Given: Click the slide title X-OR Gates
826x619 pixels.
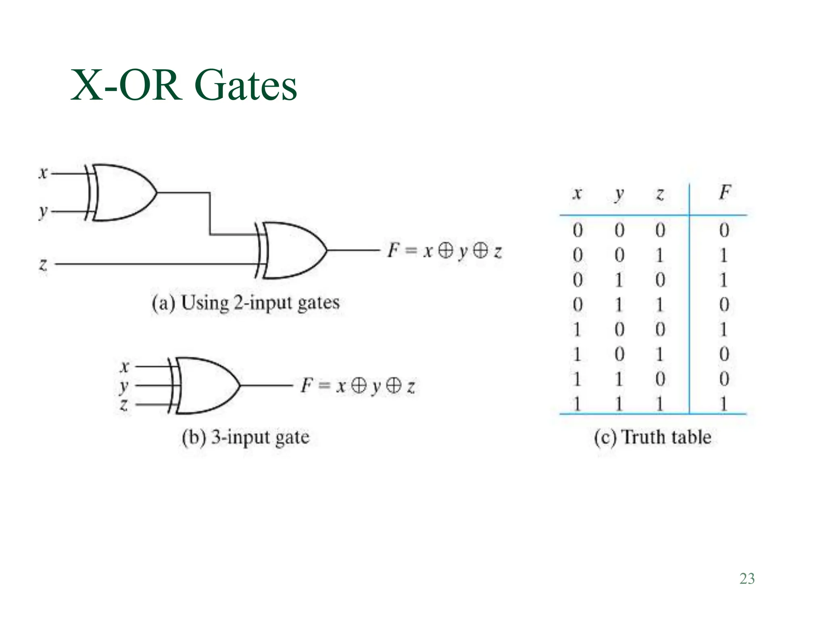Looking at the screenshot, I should [x=184, y=86].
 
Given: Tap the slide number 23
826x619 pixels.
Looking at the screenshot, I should [x=747, y=579].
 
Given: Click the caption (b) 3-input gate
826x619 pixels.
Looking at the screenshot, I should [x=246, y=437].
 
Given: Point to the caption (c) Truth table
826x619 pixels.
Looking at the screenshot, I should [x=653, y=437].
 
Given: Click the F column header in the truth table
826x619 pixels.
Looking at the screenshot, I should [x=724, y=193].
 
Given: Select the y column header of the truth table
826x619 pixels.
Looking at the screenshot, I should [x=619, y=195].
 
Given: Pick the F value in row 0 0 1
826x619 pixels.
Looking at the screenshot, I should [x=724, y=255].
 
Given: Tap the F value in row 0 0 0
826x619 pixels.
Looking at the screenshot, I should [x=724, y=230].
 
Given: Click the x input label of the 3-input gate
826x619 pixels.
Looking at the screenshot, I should [x=125, y=367].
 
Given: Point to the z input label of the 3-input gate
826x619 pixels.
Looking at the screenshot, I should [x=124, y=404].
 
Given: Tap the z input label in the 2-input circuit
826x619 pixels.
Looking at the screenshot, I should [x=43, y=264].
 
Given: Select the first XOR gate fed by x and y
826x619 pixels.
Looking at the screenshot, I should [x=121, y=193].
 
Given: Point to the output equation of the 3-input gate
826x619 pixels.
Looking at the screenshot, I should [x=358, y=386].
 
